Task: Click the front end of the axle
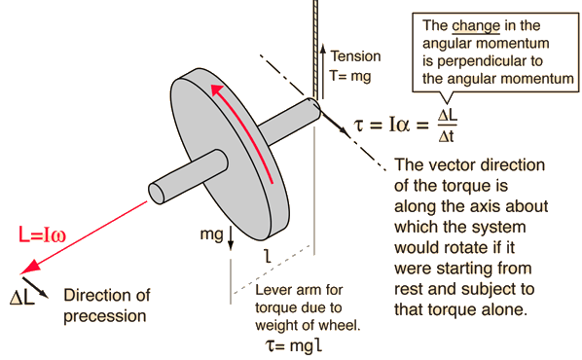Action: (x=161, y=190)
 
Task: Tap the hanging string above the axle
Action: (x=314, y=49)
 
